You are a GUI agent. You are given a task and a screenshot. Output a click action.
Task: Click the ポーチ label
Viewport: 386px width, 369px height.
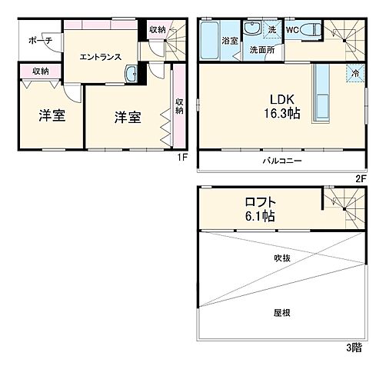point(39,41)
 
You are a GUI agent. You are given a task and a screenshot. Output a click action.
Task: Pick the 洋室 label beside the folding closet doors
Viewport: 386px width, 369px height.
point(128,118)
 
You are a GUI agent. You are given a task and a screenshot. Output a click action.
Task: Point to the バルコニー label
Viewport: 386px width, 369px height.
point(280,161)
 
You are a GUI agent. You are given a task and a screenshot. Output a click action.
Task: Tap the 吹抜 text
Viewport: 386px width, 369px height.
point(281,258)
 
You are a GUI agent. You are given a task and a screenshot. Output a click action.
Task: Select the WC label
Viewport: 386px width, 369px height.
point(292,30)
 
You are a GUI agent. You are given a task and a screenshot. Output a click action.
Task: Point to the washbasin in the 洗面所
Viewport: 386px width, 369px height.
point(252,30)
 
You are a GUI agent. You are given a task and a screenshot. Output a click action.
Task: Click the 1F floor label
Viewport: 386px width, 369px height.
point(182,158)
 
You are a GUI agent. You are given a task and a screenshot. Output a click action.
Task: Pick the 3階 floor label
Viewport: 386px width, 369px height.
point(352,347)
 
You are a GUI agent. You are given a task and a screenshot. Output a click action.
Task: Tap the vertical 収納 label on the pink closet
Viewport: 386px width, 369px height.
point(178,105)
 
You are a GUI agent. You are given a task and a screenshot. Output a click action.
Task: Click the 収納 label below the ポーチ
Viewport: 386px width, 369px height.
point(41,71)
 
